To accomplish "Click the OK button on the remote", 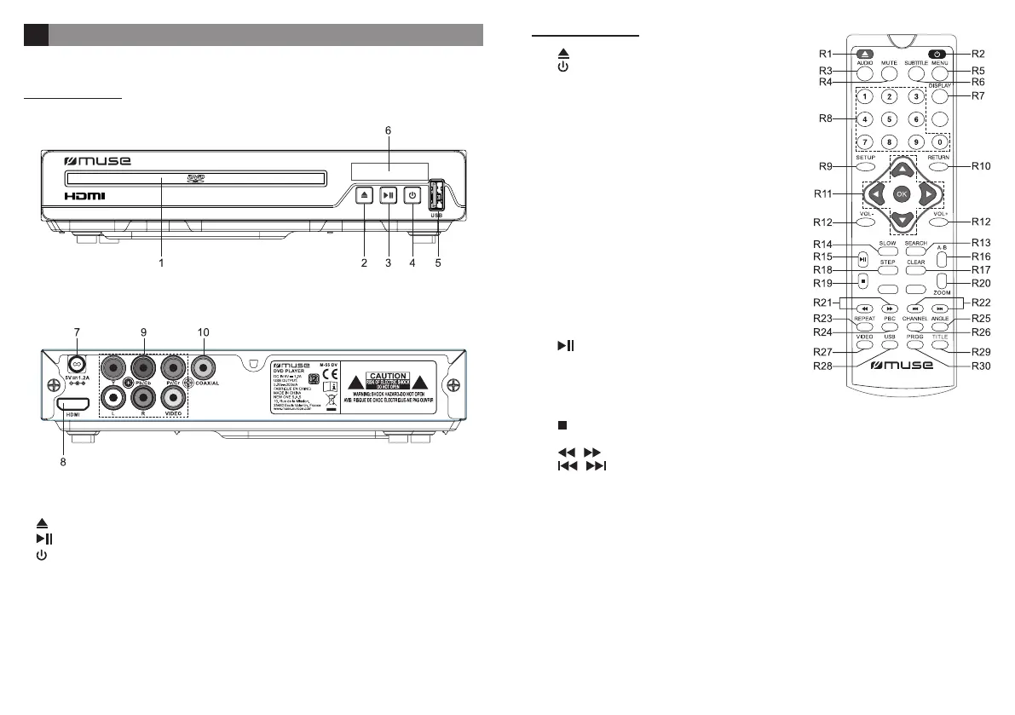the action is [902, 194].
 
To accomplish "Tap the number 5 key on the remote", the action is [888, 120].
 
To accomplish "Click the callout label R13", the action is [982, 243].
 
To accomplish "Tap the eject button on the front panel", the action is [364, 195].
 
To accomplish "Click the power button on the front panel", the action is [412, 195].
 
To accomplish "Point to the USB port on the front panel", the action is [436, 196].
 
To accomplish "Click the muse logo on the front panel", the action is [99, 160].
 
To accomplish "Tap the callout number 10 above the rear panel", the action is [205, 332].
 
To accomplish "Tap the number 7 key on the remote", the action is [863, 141].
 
